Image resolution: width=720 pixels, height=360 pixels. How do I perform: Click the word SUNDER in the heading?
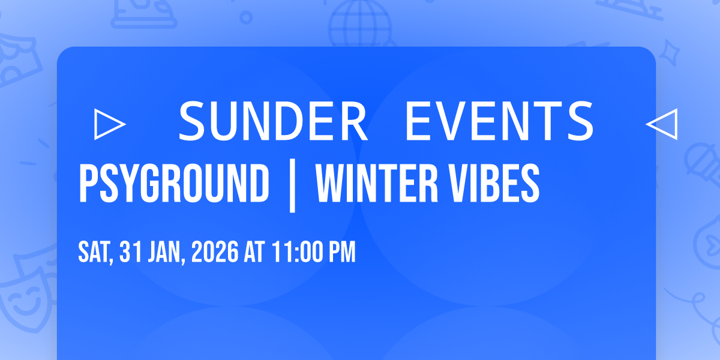(273, 121)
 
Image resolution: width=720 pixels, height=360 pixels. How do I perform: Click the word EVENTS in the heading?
(499, 121)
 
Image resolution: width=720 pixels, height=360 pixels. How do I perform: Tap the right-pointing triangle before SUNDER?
(110, 124)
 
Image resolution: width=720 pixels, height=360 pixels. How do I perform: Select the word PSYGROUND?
(174, 183)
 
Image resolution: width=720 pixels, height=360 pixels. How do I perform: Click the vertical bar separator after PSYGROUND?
(292, 185)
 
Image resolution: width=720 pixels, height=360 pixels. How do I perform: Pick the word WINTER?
(377, 183)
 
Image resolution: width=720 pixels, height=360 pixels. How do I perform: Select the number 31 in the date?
(131, 251)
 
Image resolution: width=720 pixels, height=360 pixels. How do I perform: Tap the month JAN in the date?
(167, 253)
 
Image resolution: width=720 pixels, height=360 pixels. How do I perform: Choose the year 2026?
(215, 251)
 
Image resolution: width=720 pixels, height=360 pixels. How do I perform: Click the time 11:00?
(298, 251)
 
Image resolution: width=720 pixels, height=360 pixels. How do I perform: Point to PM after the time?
(343, 251)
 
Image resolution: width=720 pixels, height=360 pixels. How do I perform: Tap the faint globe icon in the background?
(360, 24)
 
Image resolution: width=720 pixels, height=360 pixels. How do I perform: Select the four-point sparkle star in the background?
(670, 52)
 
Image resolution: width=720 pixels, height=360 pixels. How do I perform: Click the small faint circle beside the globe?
(246, 17)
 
